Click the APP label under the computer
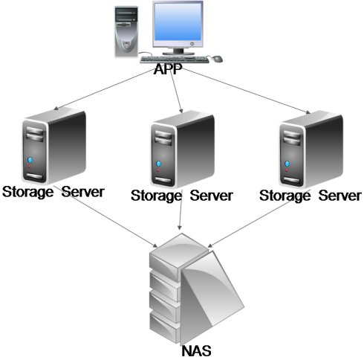[x=168, y=69]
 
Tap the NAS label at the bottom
[x=197, y=351]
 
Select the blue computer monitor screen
[x=178, y=22]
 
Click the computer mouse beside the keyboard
[x=216, y=59]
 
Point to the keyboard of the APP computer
[x=175, y=60]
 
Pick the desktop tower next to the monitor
[x=126, y=32]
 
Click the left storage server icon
[x=54, y=147]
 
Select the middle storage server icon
[x=183, y=150]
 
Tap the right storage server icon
[x=311, y=150]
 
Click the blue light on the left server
[x=30, y=160]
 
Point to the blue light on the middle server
[x=158, y=164]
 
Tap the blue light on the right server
[x=287, y=164]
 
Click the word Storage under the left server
[x=27, y=192]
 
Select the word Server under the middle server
[x=211, y=196]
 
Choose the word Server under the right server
[x=339, y=196]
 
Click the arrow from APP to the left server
[x=103, y=89]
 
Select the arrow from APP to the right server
[x=247, y=91]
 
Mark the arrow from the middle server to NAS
[x=181, y=210]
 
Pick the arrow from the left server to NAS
[x=106, y=216]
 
